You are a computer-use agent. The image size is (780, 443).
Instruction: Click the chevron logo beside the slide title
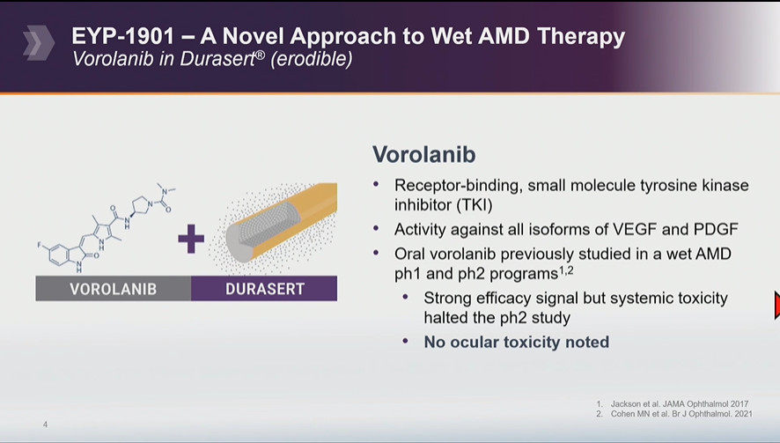point(39,43)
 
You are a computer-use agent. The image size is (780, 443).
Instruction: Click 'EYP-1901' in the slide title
point(123,36)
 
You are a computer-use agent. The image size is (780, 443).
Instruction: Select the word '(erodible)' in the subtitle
point(312,59)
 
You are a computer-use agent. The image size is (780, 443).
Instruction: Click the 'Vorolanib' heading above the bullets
point(423,154)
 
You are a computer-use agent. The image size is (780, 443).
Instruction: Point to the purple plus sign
point(191,239)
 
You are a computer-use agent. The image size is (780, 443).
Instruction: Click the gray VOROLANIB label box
point(114,289)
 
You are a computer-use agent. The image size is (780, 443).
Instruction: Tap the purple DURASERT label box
point(264,289)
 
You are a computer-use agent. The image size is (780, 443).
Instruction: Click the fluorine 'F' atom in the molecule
point(40,245)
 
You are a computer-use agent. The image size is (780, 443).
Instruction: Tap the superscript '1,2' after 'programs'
point(566,270)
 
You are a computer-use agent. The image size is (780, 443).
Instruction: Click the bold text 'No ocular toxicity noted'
point(517,342)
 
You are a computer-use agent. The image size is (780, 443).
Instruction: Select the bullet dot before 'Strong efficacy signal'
point(406,297)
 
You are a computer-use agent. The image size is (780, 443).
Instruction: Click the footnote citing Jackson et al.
point(672,404)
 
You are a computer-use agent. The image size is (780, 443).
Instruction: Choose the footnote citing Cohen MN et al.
point(674,414)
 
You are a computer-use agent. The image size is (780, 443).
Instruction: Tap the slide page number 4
point(45,425)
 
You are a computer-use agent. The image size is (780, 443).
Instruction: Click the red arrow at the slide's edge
point(777,305)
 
